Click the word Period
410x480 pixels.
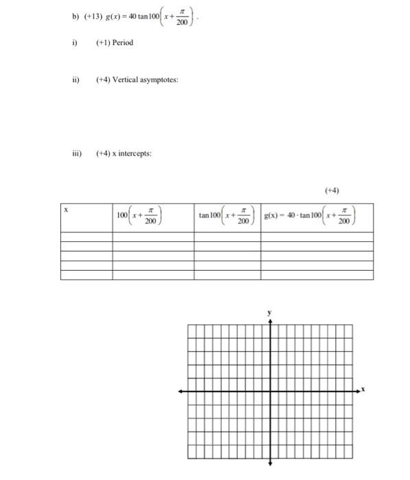(x=121, y=43)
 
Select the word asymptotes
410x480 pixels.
(x=159, y=80)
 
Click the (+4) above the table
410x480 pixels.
(x=332, y=190)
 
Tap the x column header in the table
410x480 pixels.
(x=66, y=210)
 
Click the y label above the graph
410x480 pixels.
(x=270, y=312)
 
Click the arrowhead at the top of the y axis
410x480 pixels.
(x=270, y=321)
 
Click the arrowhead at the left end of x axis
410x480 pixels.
(x=181, y=391)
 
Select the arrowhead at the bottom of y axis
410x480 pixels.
(x=270, y=462)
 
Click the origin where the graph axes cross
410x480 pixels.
(x=270, y=391)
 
